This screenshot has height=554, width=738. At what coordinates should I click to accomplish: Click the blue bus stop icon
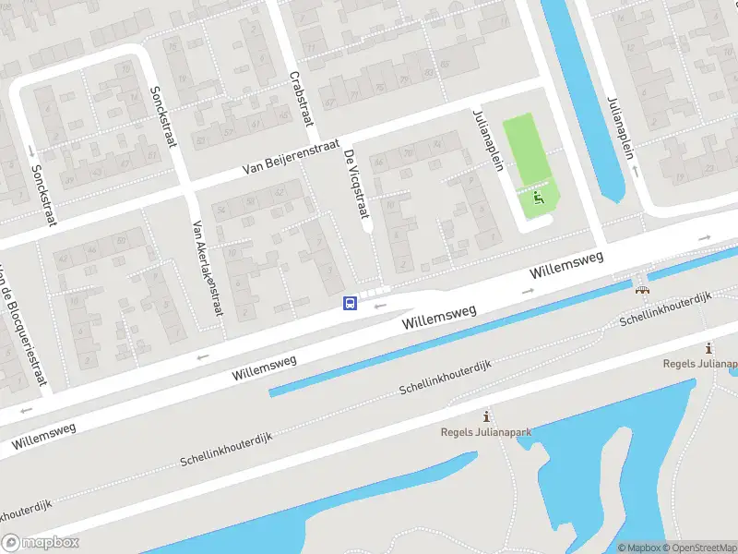[350, 303]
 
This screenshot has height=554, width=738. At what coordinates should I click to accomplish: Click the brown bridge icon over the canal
[642, 288]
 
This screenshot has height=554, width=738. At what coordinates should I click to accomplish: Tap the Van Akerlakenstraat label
[207, 268]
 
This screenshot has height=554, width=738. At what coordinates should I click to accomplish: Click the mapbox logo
[41, 543]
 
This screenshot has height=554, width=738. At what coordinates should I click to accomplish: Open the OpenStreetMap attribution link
[699, 548]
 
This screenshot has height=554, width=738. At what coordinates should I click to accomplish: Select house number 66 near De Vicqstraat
[378, 159]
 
